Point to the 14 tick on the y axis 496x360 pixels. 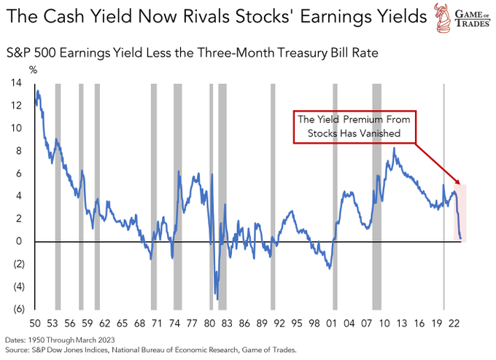pos(15,83)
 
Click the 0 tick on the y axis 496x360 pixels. pos(18,241)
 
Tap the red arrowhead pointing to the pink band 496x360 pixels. pos(457,182)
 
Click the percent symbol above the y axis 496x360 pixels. pos(32,69)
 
